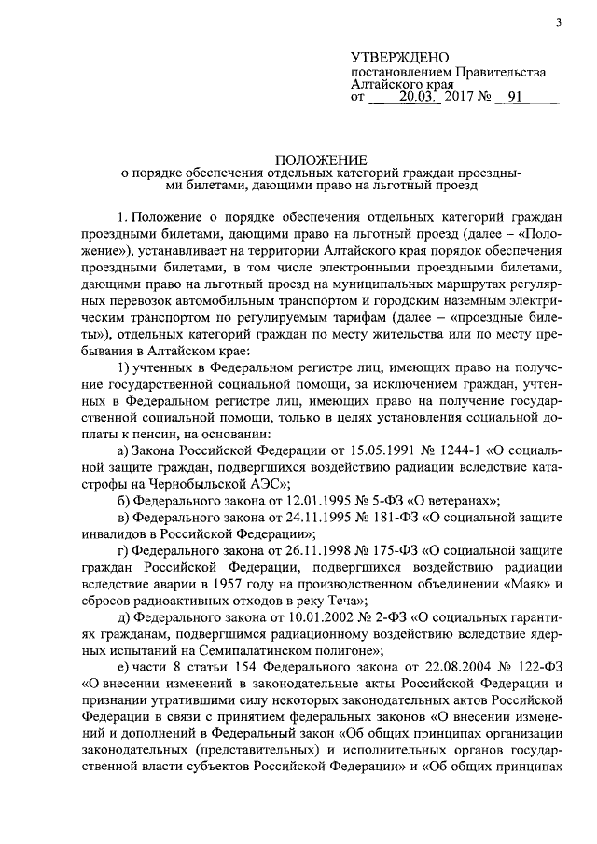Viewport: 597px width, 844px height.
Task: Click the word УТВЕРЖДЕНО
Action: pyautogui.click(x=401, y=58)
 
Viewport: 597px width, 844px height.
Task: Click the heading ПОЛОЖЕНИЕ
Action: pyautogui.click(x=320, y=159)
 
